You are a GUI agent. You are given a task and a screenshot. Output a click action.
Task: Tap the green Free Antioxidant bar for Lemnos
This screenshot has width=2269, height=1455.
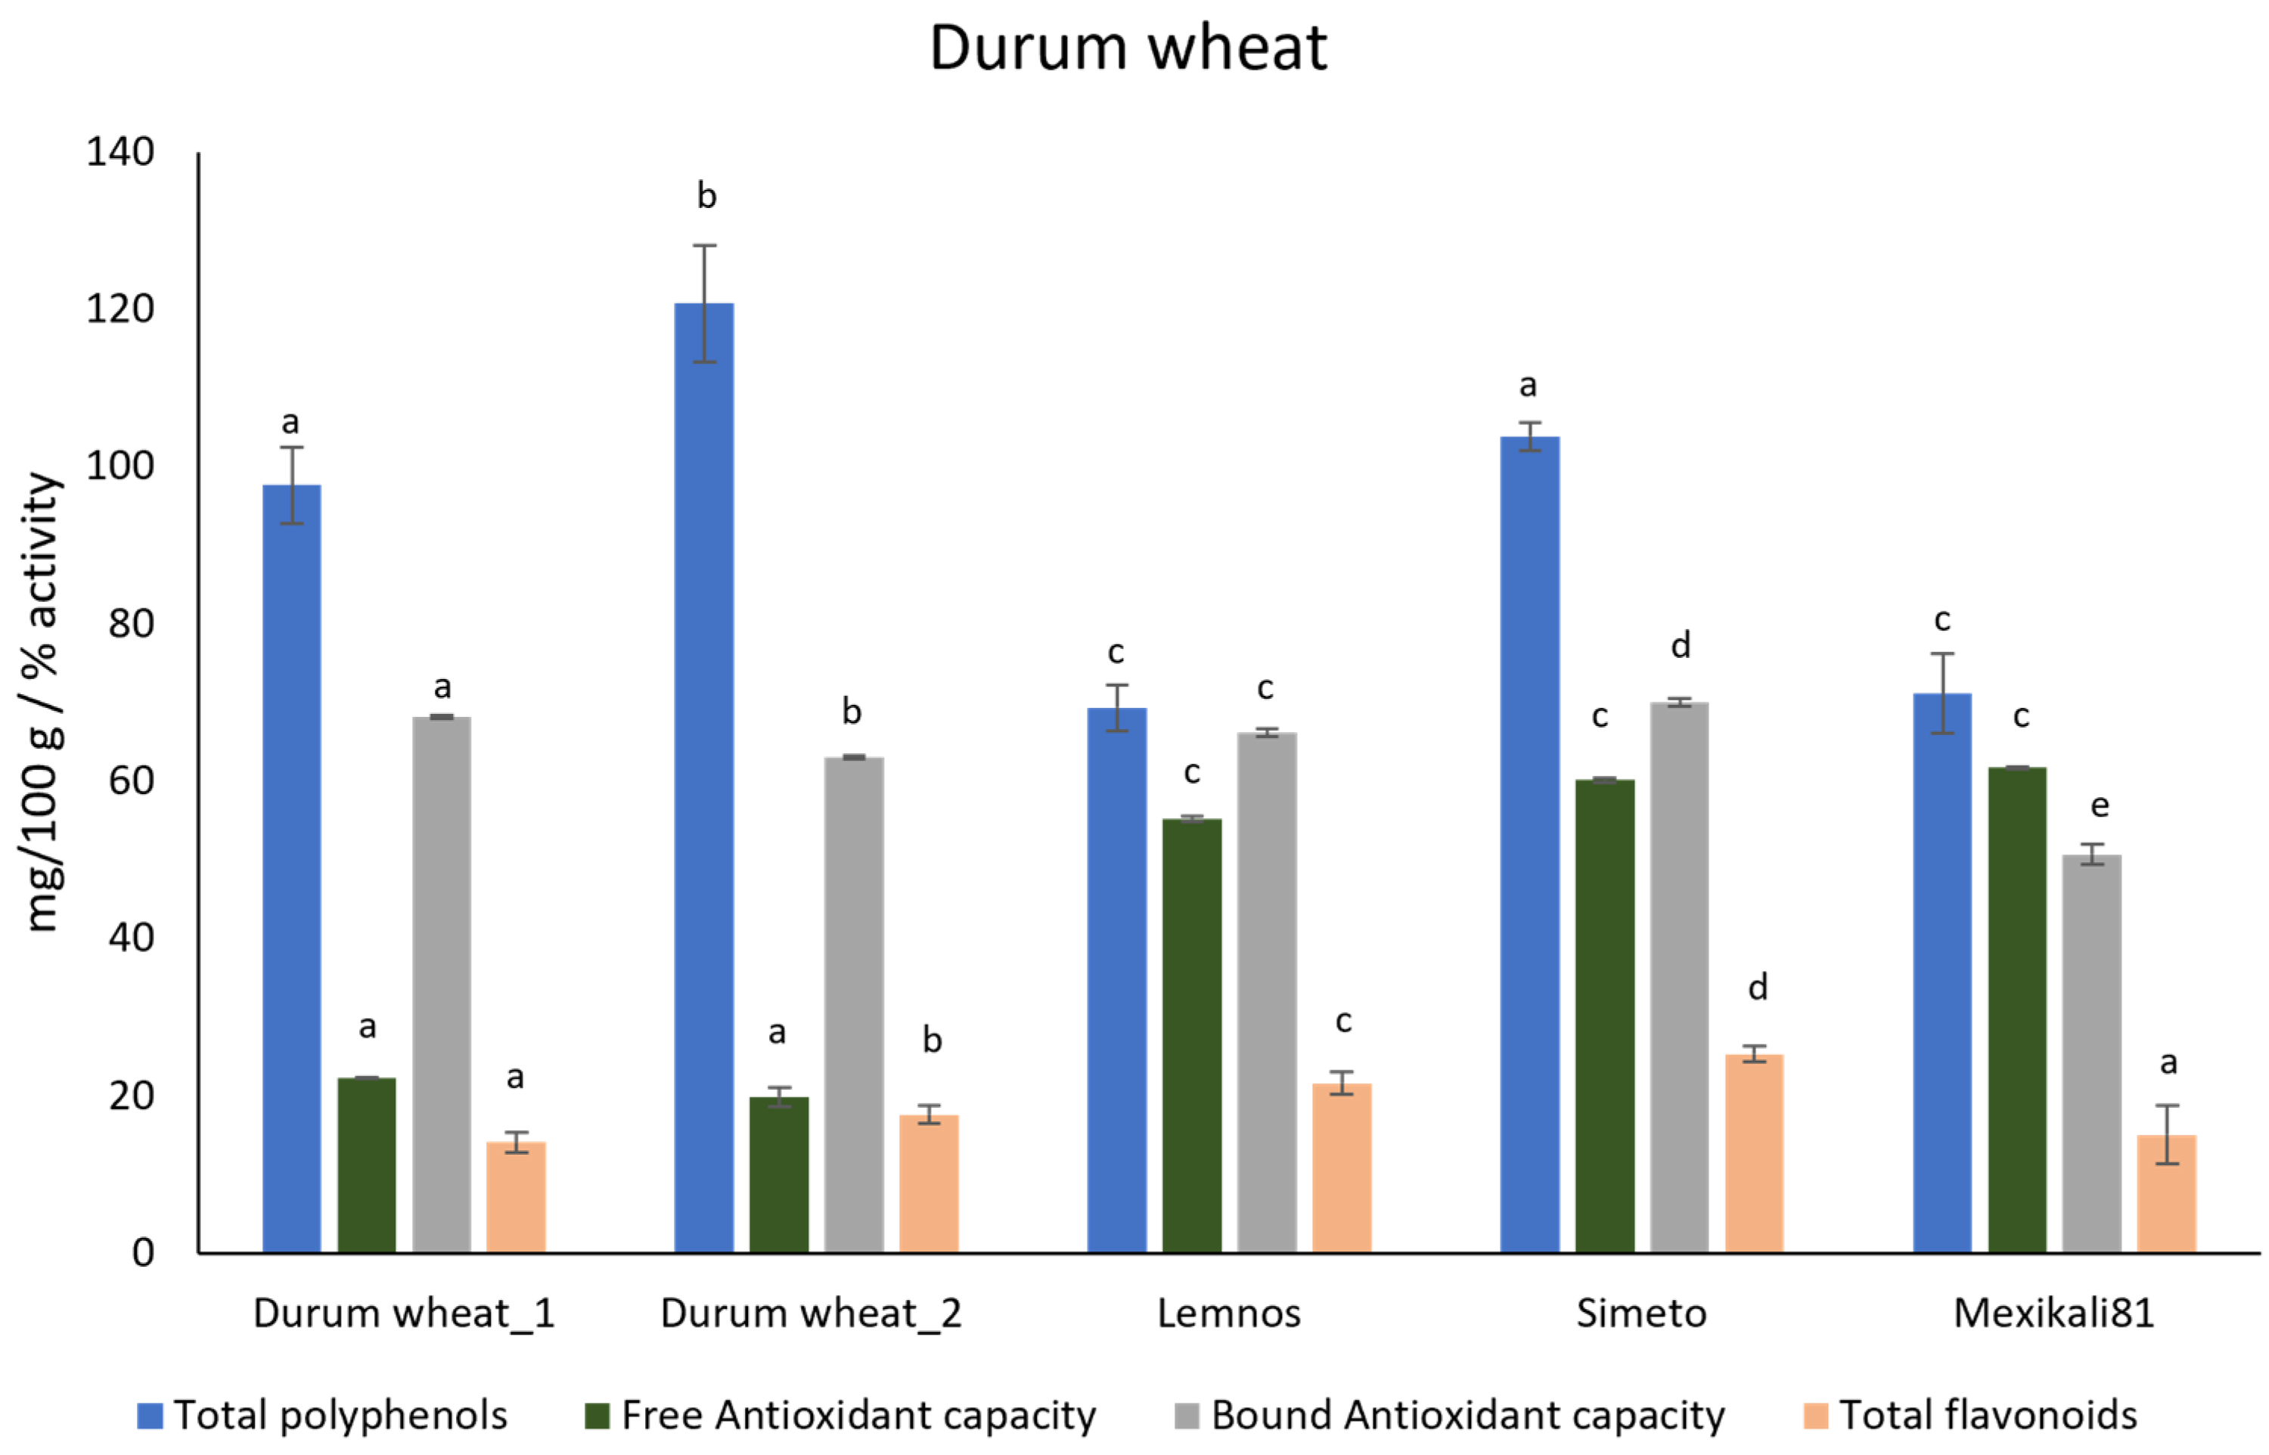(x=1191, y=1035)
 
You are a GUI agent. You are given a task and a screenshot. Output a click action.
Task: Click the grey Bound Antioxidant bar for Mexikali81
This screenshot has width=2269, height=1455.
(x=2091, y=1053)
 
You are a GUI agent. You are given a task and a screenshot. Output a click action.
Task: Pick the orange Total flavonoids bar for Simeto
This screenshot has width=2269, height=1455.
(x=1754, y=1153)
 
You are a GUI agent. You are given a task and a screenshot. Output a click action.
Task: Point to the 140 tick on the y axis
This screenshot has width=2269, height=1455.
(x=120, y=152)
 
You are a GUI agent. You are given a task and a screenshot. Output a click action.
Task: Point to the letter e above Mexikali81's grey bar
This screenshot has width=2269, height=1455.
(x=2099, y=805)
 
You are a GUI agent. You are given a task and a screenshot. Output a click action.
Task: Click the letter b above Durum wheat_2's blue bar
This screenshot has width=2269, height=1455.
(x=706, y=196)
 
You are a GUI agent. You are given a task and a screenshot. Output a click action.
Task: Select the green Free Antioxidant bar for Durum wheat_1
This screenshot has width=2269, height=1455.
(x=367, y=1164)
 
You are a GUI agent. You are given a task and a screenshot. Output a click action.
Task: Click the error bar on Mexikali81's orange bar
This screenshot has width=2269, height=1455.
(x=2167, y=1134)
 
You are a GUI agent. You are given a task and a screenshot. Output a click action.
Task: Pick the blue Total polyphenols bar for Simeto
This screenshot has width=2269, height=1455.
(x=1529, y=845)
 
